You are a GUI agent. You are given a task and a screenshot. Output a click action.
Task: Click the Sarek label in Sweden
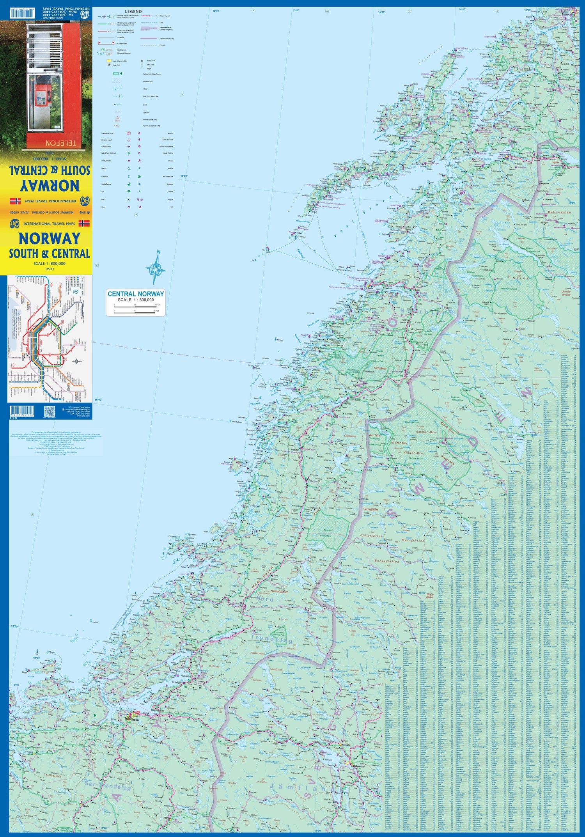click(522, 278)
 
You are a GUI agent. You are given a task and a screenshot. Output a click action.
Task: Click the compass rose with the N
click(156, 268)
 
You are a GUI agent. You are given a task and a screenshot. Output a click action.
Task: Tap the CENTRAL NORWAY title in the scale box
click(136, 294)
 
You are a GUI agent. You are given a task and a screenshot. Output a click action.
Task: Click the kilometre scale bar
click(135, 307)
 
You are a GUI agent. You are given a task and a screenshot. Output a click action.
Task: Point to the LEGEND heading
click(133, 12)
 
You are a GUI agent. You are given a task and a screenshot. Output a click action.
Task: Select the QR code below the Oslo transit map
click(49, 411)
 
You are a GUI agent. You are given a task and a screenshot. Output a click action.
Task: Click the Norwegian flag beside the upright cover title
click(84, 223)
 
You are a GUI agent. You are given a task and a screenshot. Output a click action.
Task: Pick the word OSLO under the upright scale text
click(50, 269)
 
